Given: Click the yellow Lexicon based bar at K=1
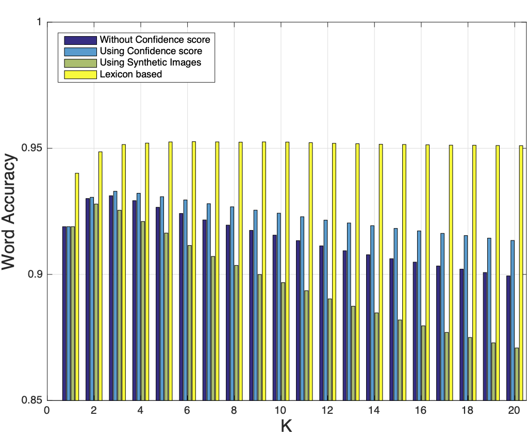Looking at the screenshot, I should pyautogui.click(x=77, y=286).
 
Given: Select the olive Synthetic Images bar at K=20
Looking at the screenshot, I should pyautogui.click(x=517, y=374).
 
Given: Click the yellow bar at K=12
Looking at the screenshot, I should pyautogui.click(x=334, y=271).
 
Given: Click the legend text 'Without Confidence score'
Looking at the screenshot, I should pyautogui.click(x=155, y=40).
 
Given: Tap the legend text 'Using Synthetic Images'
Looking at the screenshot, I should pyautogui.click(x=150, y=62).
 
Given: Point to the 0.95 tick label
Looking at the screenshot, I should pyautogui.click(x=32, y=149).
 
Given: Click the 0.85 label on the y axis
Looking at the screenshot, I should pyautogui.click(x=32, y=400).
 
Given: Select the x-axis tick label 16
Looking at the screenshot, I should pyautogui.click(x=421, y=411).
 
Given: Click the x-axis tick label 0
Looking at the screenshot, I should pyautogui.click(x=47, y=411).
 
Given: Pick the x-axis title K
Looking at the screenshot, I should pyautogui.click(x=287, y=426).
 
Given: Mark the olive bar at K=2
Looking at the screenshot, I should pyautogui.click(x=96, y=302).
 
